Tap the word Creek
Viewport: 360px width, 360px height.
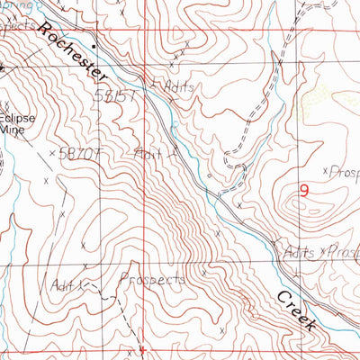click(296, 311)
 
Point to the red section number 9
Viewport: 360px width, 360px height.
click(303, 190)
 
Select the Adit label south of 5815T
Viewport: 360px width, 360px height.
click(147, 153)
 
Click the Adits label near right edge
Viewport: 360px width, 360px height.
click(298, 253)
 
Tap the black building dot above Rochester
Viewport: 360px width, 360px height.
click(93, 41)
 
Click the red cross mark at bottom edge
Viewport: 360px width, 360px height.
click(141, 348)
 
